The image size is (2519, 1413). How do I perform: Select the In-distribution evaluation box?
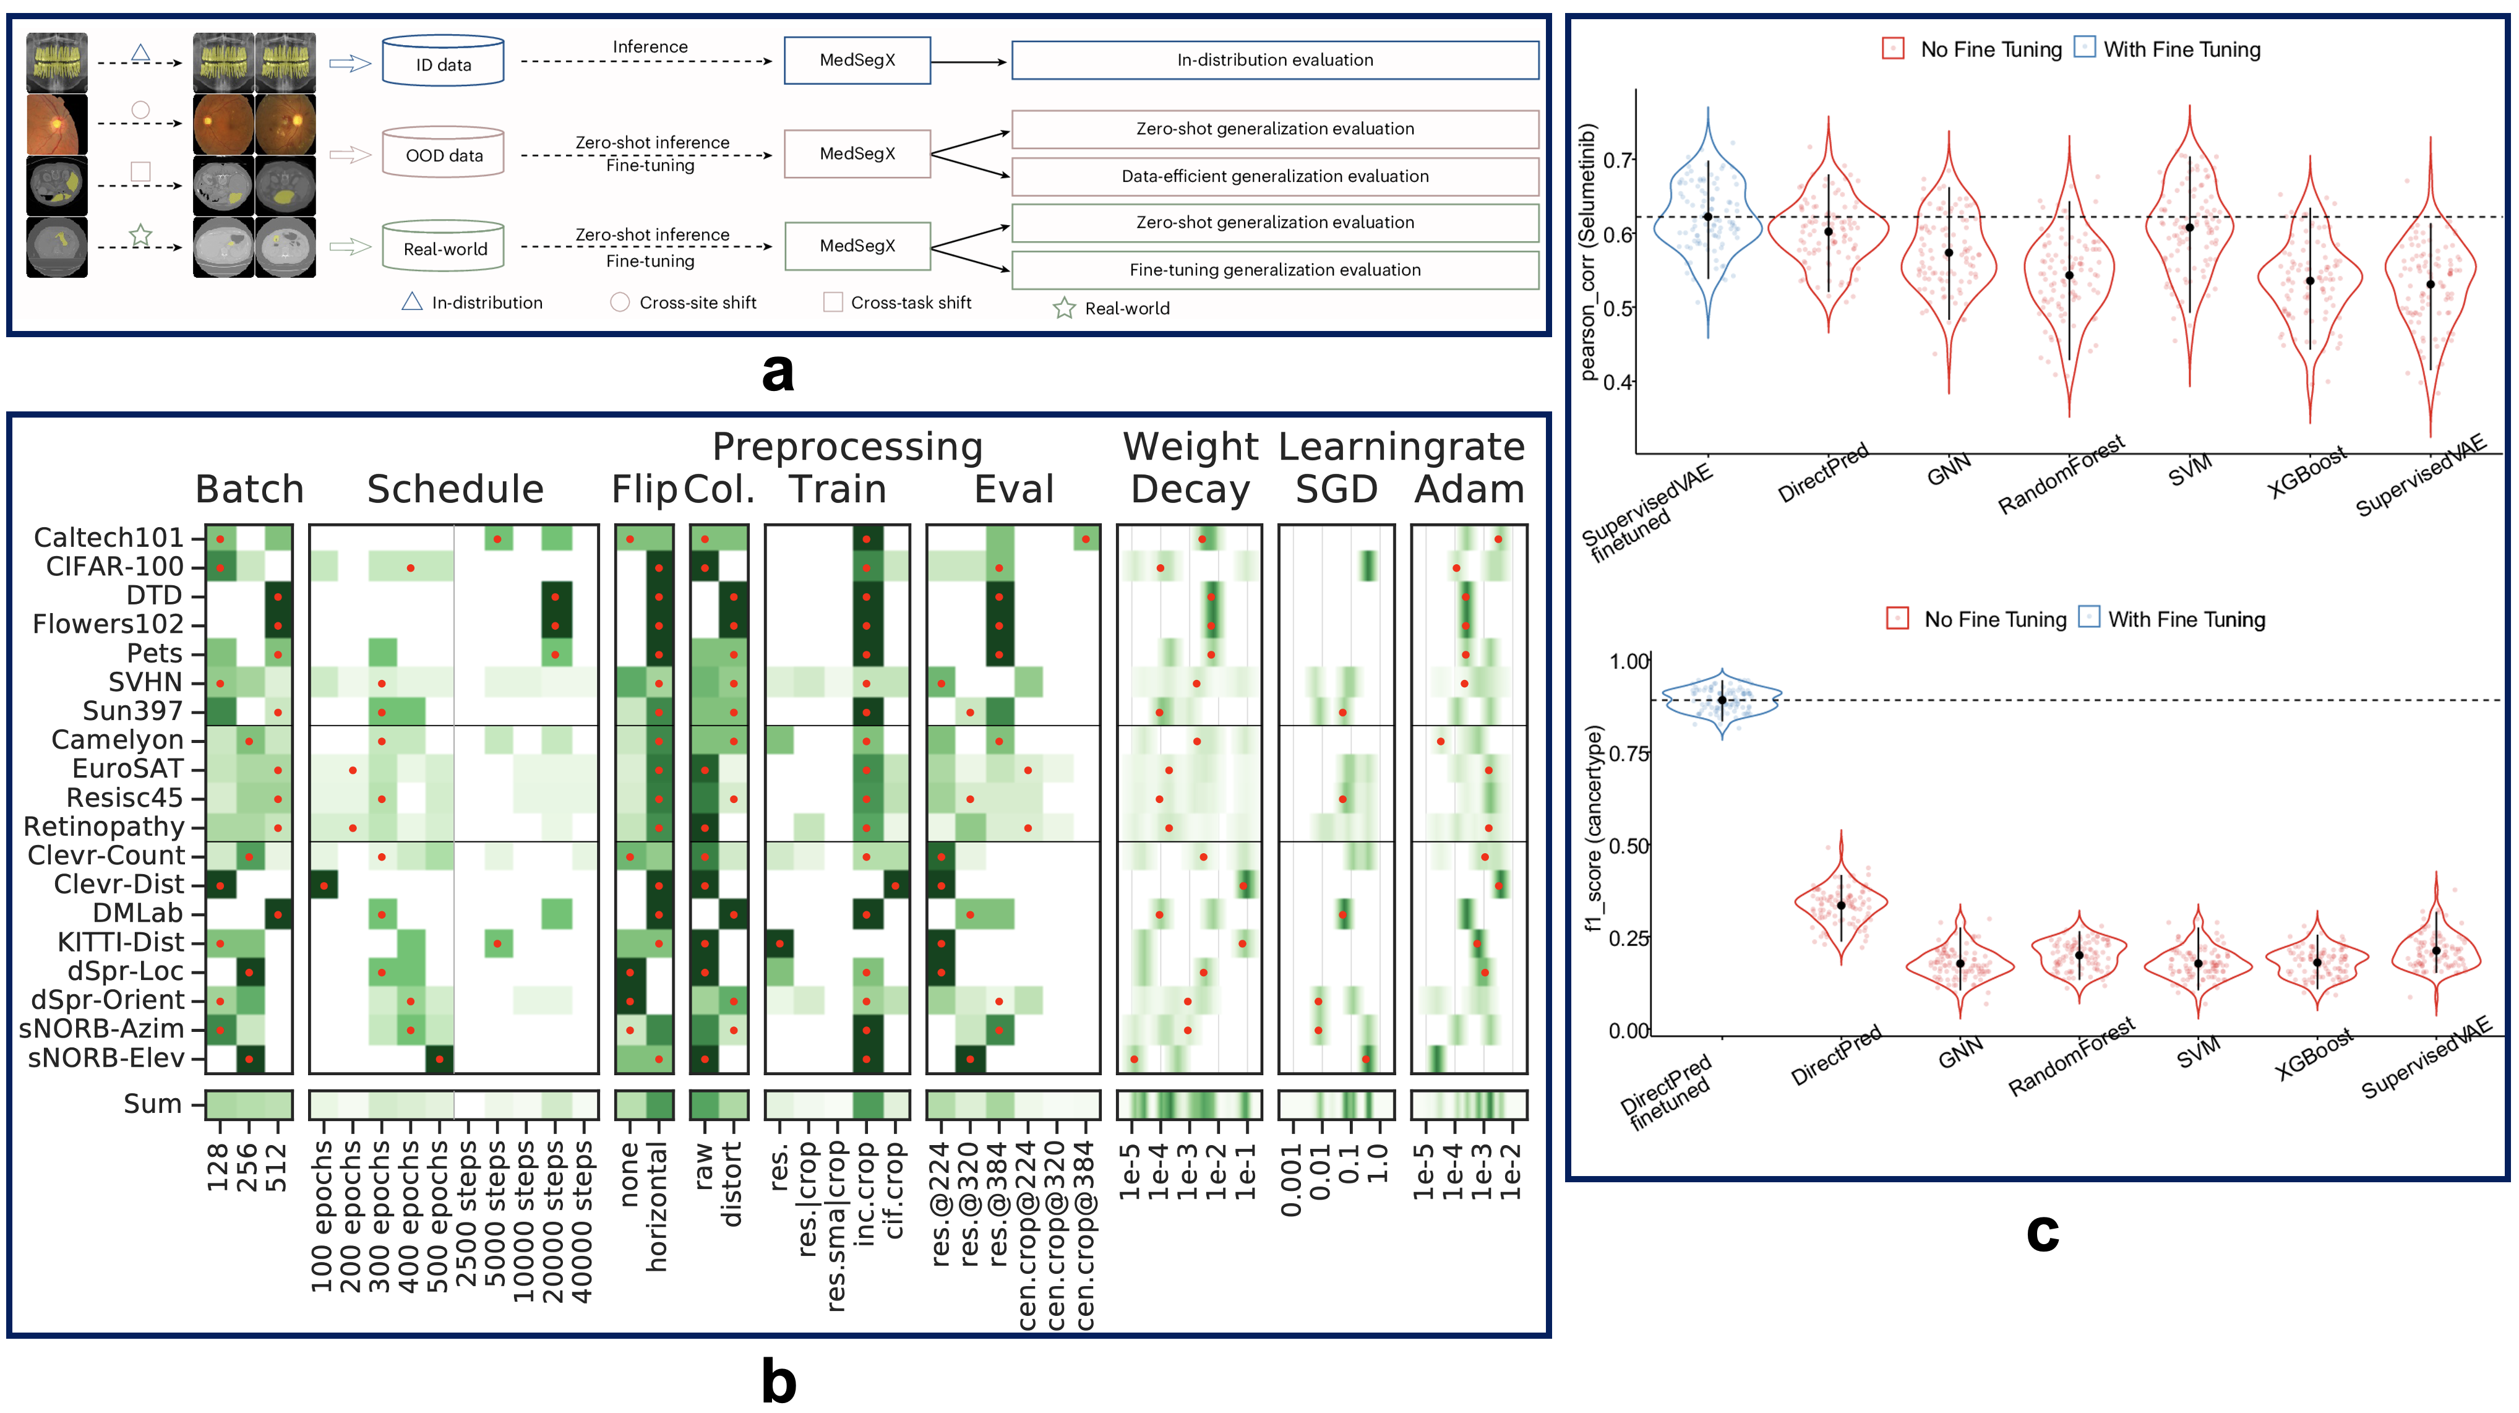point(1274,59)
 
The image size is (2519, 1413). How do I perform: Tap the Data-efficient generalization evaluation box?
point(1274,176)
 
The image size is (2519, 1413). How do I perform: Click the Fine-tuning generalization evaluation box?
point(1274,270)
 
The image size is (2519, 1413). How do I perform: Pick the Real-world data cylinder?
point(444,247)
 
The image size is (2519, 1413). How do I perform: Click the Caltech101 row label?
point(108,538)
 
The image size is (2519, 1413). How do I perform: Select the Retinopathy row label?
point(104,827)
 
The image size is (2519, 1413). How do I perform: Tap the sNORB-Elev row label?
point(106,1057)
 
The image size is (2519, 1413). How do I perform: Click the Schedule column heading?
point(455,489)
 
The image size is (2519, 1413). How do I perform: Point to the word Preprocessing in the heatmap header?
point(847,447)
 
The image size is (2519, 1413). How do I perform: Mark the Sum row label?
point(153,1104)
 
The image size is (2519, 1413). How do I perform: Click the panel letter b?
point(778,1381)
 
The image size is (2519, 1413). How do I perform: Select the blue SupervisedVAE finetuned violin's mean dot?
point(1707,217)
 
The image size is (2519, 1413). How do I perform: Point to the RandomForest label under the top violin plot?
point(2061,475)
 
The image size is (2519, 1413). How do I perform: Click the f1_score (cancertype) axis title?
point(1595,827)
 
